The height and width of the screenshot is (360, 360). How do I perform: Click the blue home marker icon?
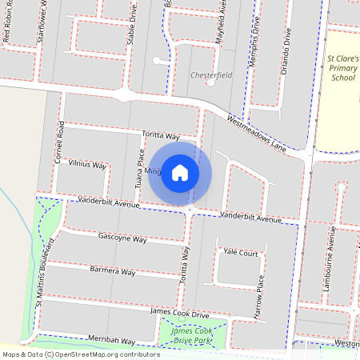point(180,172)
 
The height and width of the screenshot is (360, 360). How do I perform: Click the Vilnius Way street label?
point(87,164)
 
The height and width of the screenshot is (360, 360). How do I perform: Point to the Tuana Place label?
point(138,169)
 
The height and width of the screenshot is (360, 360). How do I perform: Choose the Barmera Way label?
point(112,272)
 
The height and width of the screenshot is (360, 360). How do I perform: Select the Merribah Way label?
point(112,340)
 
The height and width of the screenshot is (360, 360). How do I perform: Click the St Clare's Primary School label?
point(344,70)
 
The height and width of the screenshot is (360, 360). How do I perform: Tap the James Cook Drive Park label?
point(192,336)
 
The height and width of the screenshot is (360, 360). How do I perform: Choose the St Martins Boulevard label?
point(45,272)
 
